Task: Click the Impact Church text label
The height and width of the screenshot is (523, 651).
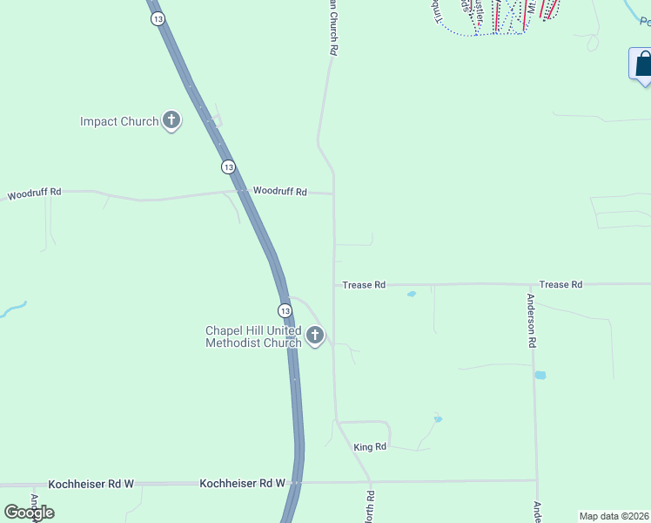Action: [119, 122]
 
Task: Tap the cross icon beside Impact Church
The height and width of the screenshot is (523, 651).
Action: [171, 121]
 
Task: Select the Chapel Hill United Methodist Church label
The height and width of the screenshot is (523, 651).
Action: [253, 336]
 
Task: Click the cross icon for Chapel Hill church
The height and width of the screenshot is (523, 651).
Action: [315, 335]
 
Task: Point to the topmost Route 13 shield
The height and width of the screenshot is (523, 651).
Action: [157, 19]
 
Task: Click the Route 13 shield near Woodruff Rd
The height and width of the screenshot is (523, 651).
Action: [228, 166]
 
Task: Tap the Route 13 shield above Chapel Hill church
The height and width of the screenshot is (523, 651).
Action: [285, 310]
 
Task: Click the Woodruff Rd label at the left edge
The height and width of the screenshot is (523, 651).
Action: [34, 194]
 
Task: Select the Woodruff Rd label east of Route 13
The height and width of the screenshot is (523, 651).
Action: [280, 191]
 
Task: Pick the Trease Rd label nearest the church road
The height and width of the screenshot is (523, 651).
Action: [364, 285]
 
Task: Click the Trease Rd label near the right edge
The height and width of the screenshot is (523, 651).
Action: [560, 284]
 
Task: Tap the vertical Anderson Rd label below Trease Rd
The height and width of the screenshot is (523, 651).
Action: [531, 321]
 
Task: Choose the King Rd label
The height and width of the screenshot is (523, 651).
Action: [370, 447]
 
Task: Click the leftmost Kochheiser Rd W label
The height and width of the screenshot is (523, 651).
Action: [91, 482]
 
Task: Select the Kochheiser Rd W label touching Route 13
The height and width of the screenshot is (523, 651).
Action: [243, 482]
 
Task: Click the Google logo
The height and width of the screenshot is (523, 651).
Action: [29, 513]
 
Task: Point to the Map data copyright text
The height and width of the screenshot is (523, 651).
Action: [614, 516]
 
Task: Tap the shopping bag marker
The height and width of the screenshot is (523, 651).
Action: [643, 65]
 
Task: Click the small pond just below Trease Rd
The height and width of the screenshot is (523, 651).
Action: [411, 295]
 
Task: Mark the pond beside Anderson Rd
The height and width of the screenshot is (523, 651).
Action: [540, 375]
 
